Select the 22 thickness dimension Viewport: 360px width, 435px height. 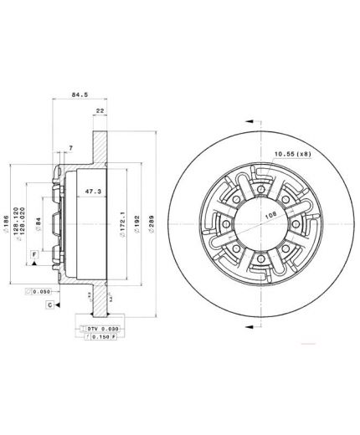pos(100,110)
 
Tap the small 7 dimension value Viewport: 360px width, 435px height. pos(70,147)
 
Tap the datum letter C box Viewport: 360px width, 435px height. pos(50,306)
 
